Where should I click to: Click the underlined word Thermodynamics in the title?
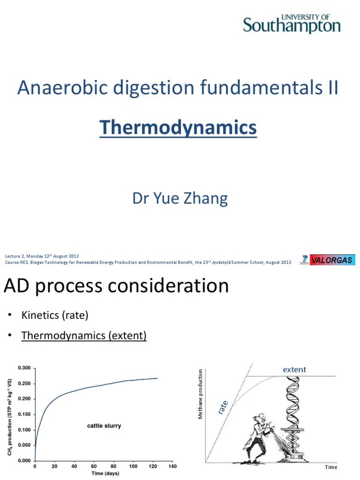(178, 127)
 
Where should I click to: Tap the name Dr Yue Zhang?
(180, 198)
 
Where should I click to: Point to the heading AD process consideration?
(116, 286)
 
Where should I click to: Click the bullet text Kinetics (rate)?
(55, 315)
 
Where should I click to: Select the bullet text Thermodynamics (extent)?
(84, 336)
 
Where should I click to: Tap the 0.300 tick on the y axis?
(24, 368)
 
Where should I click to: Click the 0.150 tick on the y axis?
(24, 414)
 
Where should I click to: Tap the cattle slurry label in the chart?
(104, 426)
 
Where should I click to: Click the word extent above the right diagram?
(294, 369)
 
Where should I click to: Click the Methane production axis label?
(201, 394)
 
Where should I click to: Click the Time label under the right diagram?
(331, 467)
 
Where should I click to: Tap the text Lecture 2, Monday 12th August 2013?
(42, 256)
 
